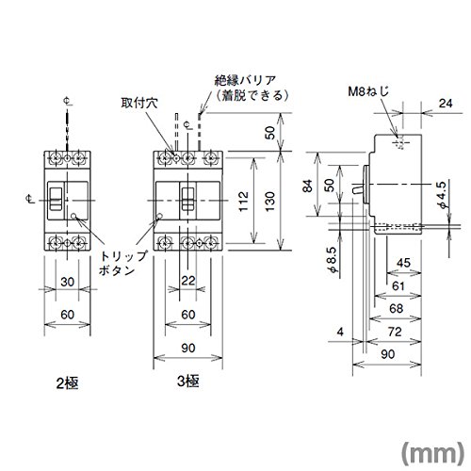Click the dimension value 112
244,202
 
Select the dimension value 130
269,202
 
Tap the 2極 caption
67,383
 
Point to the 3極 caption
188,382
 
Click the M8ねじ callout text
368,91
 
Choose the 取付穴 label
139,103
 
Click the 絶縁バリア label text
245,81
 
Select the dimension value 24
446,103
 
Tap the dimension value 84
308,186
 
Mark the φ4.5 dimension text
442,195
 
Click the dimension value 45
403,263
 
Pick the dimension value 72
395,332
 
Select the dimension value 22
188,281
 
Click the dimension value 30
68,282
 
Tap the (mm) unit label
432,453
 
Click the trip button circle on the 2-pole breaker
73,216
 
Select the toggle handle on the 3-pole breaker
188,199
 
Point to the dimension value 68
397,308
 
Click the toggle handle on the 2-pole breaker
56,199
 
